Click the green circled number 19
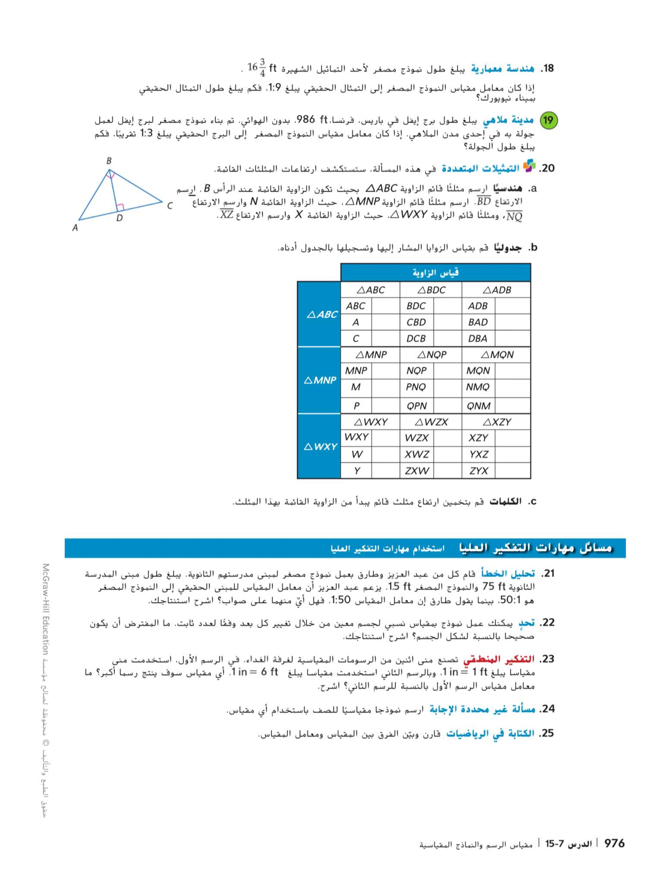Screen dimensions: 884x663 point(548,120)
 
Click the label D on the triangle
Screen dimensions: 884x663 point(119,218)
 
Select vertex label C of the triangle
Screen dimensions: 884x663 point(169,206)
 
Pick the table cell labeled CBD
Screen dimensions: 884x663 point(416,322)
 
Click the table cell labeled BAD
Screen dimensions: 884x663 point(478,322)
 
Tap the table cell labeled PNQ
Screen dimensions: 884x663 point(416,387)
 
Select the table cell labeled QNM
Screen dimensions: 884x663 point(478,406)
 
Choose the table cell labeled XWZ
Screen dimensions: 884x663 point(416,454)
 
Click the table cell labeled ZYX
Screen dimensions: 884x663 point(478,471)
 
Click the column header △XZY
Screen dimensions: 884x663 point(497,422)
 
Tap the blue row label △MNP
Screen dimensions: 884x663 point(320,380)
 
